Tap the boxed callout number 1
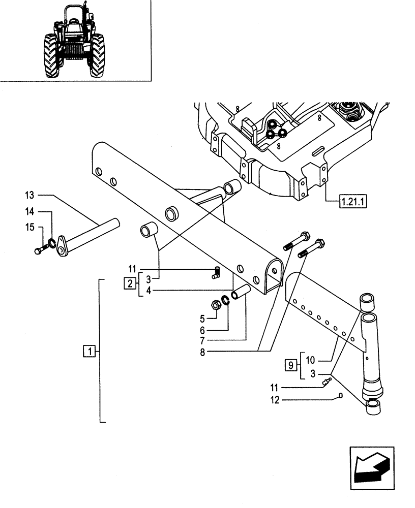click(x=89, y=351)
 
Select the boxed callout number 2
click(x=130, y=283)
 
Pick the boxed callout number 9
click(x=290, y=364)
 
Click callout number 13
click(x=29, y=195)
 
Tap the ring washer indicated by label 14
click(x=52, y=242)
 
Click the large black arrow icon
click(x=371, y=466)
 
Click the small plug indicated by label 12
click(x=341, y=396)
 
